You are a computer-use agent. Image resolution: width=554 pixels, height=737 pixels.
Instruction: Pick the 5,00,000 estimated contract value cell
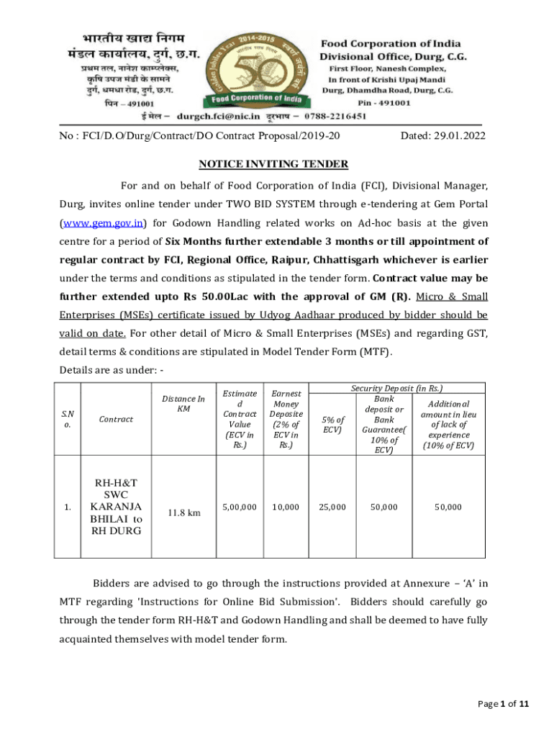pyautogui.click(x=240, y=507)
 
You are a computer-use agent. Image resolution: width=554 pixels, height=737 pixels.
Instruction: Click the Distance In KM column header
pyautogui.click(x=183, y=404)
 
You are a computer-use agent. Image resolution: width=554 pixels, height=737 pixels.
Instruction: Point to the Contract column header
pyautogui.click(x=109, y=419)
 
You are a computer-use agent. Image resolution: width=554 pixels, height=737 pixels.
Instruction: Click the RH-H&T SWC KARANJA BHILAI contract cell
pyautogui.click(x=109, y=507)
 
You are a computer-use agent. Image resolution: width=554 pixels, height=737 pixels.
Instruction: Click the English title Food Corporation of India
pyautogui.click(x=391, y=44)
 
